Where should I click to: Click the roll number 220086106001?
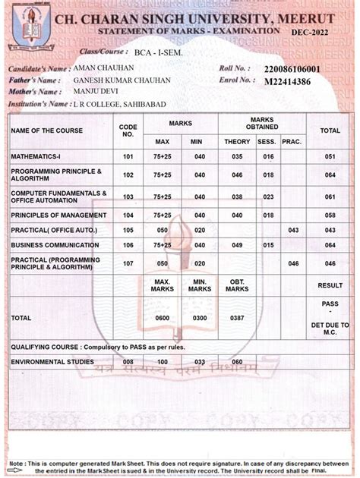coord(292,68)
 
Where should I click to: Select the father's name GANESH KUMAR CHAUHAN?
coord(122,80)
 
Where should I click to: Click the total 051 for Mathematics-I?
coord(330,157)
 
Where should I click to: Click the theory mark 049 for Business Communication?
coord(237,245)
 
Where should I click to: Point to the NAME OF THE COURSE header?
coord(47,131)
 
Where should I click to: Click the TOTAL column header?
coord(330,131)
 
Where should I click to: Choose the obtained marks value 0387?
coord(237,317)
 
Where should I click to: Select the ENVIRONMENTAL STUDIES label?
coord(52,362)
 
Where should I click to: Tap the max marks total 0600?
coord(162,317)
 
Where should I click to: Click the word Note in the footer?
coord(17,463)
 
